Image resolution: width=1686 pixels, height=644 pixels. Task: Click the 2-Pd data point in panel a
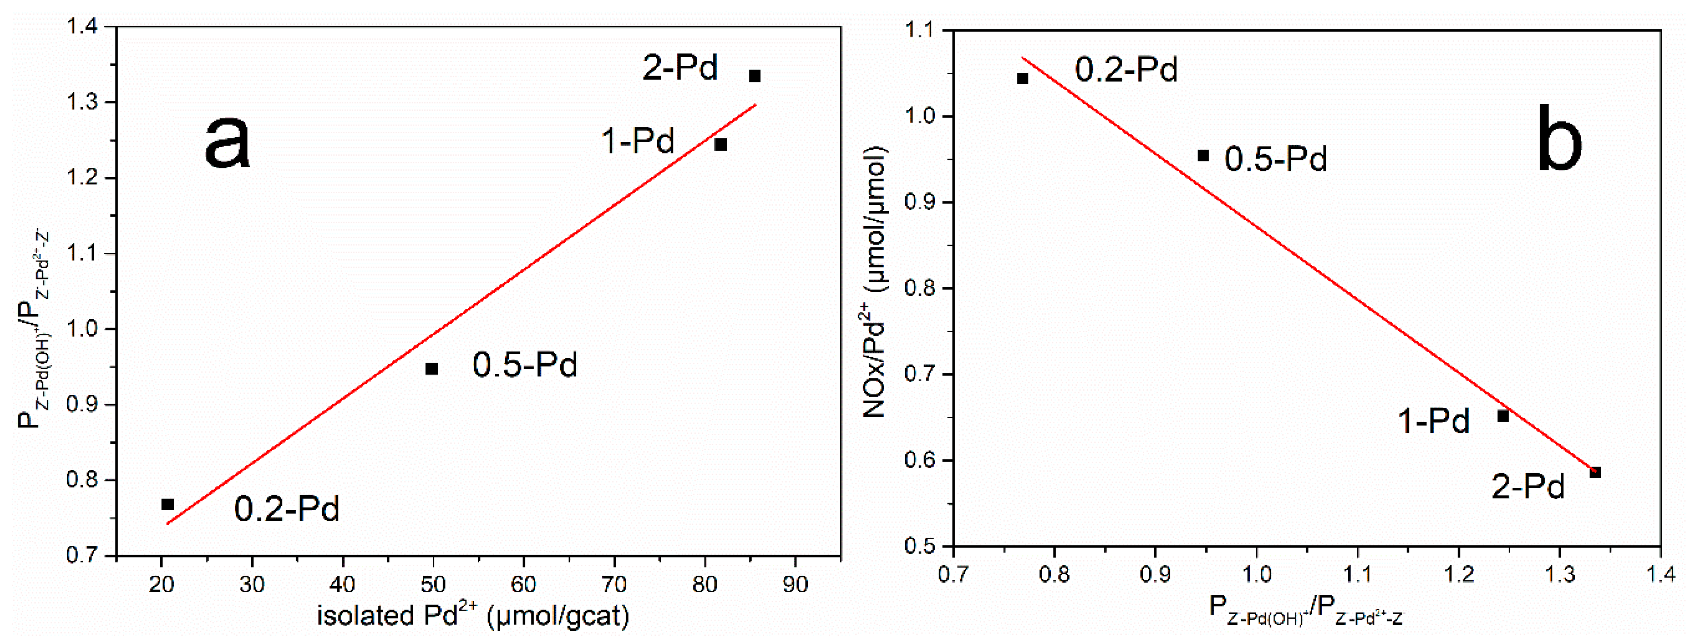[755, 76]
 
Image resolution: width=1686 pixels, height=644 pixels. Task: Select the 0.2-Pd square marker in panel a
[168, 504]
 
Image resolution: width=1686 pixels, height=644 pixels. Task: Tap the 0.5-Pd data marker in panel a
[431, 369]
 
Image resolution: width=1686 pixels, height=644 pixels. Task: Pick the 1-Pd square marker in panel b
[1503, 416]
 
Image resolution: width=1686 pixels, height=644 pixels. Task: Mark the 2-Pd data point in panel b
[1595, 472]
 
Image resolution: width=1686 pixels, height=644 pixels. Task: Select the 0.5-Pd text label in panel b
[1275, 159]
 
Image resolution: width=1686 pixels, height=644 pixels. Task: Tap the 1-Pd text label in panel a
[638, 141]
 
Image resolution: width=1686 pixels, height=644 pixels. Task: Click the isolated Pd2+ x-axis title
[473, 615]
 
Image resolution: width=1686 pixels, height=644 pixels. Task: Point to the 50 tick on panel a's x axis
[432, 584]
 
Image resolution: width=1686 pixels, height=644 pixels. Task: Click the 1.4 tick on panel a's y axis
[82, 27]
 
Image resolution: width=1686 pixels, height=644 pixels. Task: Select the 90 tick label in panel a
[795, 584]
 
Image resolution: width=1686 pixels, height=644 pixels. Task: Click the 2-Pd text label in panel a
[680, 67]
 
